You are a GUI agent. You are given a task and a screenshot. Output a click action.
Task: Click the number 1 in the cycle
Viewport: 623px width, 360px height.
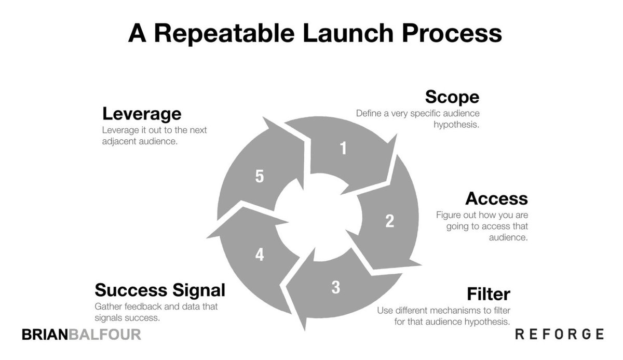click(x=343, y=149)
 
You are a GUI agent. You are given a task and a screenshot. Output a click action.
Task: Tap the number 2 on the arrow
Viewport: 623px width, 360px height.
click(x=389, y=221)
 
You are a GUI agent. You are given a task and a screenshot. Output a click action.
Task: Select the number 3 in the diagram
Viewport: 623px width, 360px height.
click(x=335, y=287)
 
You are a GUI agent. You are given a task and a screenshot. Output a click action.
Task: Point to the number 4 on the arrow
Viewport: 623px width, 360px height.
click(x=260, y=255)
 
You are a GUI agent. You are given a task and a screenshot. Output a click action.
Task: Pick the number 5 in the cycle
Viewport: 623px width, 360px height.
click(x=260, y=177)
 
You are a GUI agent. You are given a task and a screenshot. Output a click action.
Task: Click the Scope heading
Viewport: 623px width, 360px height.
click(x=452, y=97)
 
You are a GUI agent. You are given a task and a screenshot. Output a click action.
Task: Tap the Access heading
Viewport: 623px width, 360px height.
click(x=496, y=198)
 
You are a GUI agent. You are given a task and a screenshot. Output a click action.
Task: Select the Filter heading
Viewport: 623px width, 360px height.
click(x=488, y=295)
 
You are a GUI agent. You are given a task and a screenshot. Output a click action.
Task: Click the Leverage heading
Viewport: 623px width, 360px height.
click(x=142, y=113)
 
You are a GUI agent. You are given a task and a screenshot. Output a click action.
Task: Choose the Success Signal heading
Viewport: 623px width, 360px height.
click(x=160, y=290)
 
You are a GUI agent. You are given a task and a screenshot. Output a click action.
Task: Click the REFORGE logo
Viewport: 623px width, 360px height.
click(x=559, y=334)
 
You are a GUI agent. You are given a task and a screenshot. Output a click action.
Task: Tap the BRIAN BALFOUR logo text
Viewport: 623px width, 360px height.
click(x=82, y=335)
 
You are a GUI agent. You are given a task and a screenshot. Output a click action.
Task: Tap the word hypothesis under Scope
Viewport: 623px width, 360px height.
click(x=456, y=125)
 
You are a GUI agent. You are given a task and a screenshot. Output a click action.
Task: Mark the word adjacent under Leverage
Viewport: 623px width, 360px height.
click(x=120, y=141)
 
